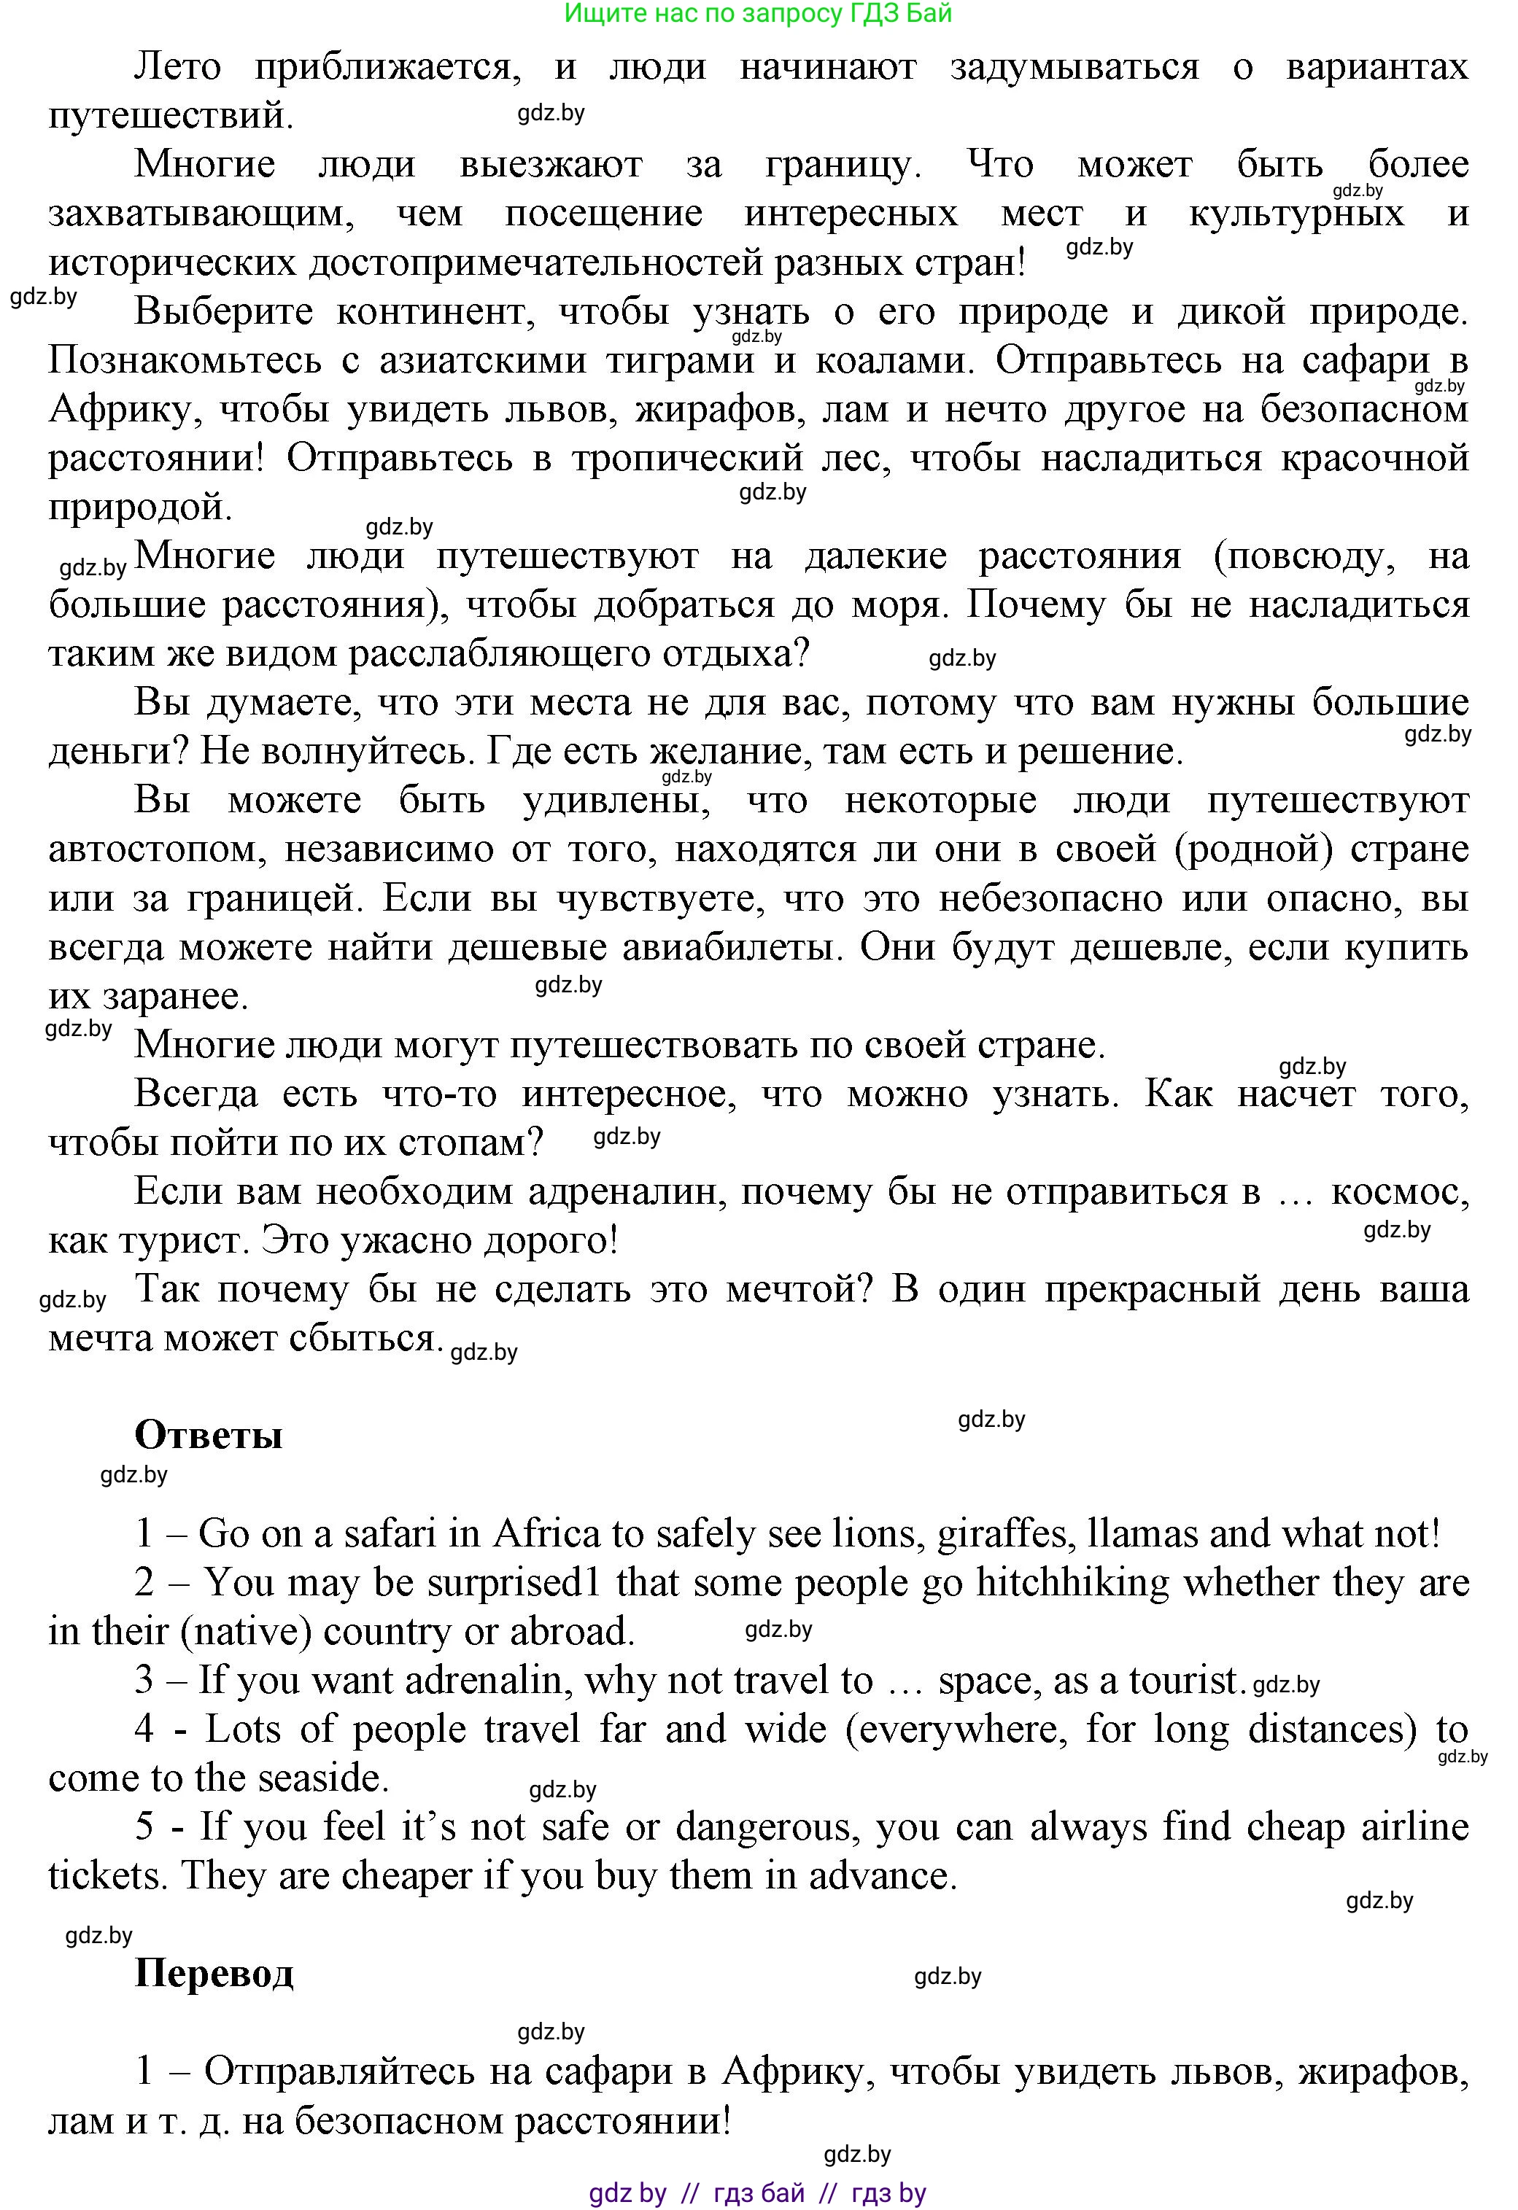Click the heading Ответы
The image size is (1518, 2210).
[209, 1434]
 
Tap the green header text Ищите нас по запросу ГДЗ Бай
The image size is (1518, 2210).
[758, 13]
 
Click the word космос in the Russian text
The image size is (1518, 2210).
[1399, 1191]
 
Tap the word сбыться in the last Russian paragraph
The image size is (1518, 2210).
[384, 1338]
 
